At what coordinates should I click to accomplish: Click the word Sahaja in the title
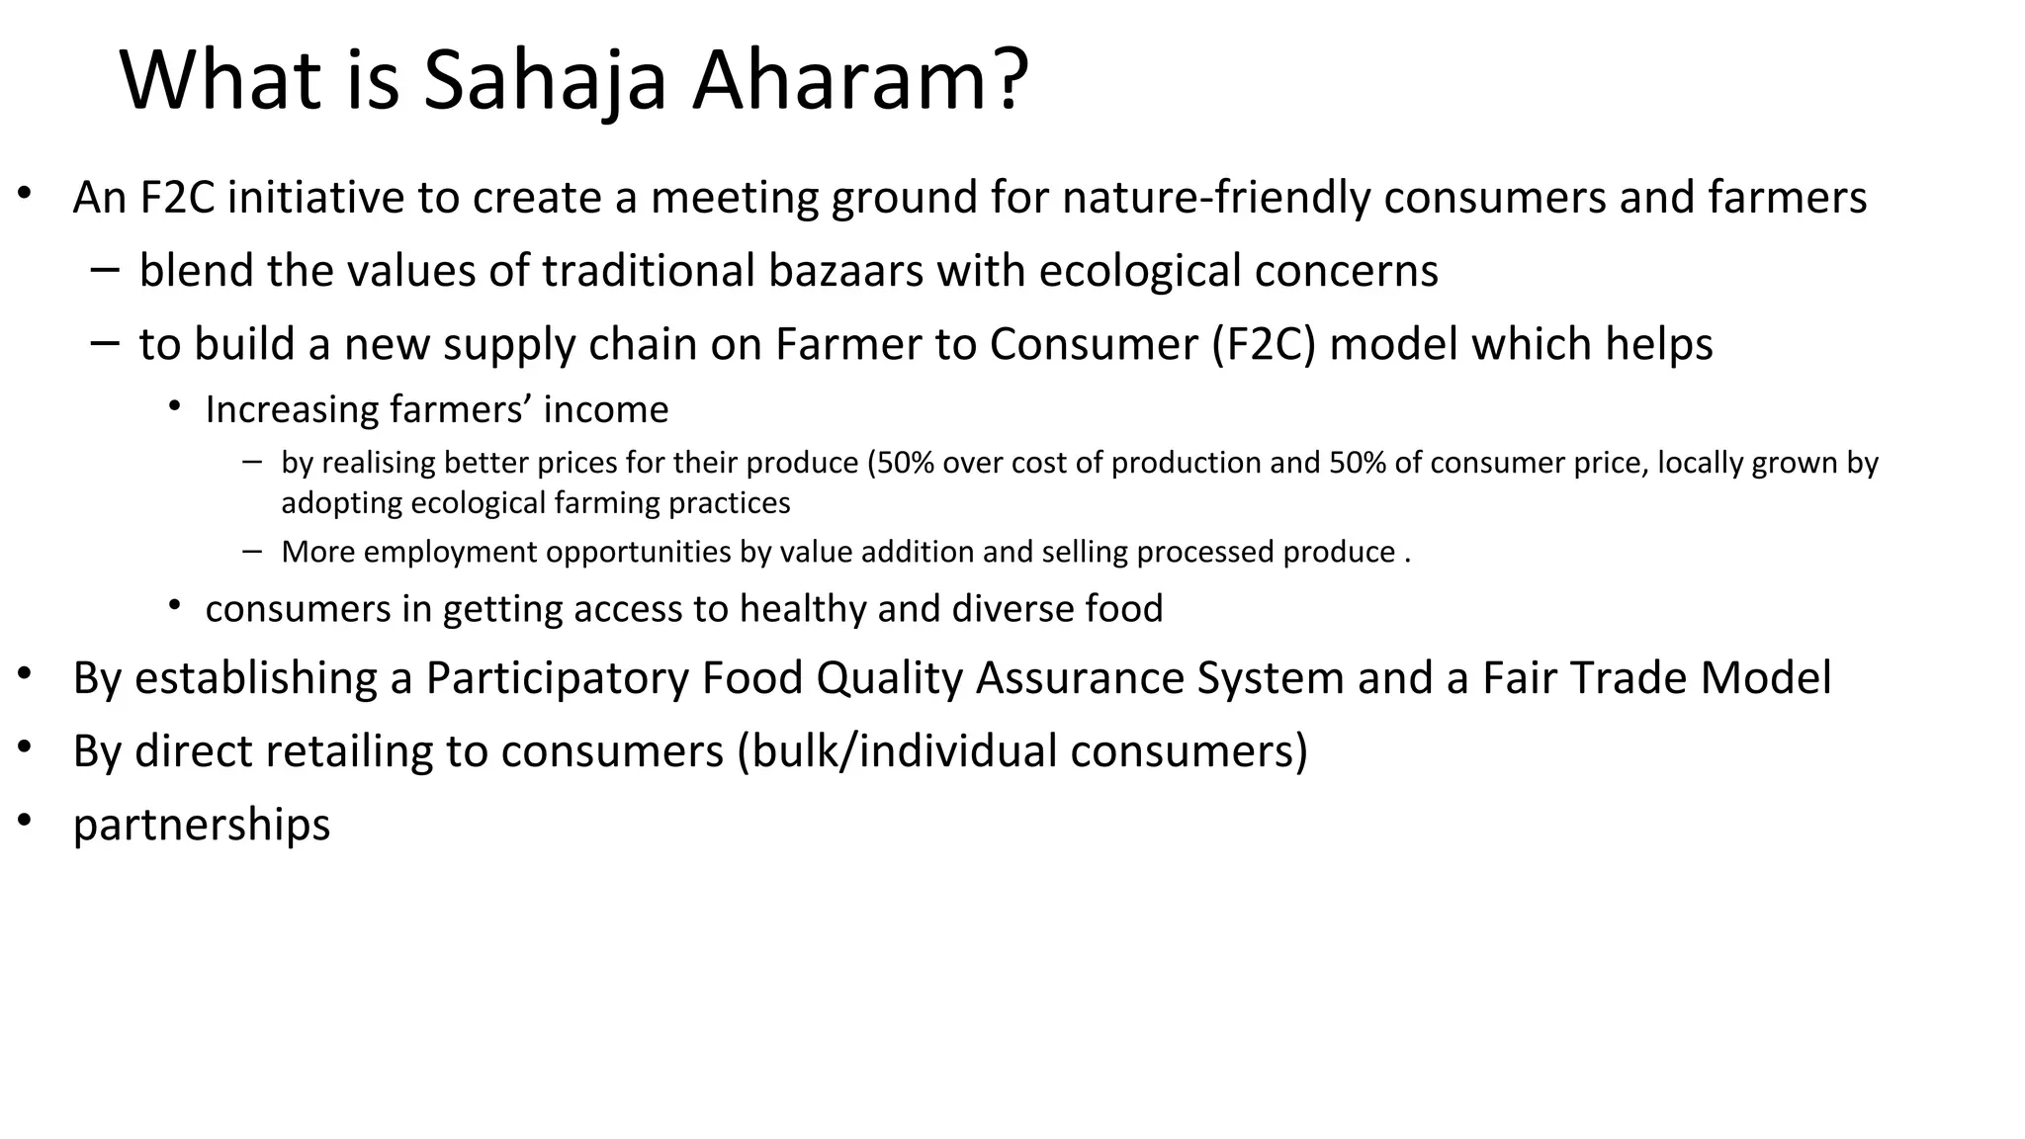545,81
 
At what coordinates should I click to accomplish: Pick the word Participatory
557,678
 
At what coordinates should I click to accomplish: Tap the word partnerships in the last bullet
202,825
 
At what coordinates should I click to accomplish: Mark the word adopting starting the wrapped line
341,503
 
